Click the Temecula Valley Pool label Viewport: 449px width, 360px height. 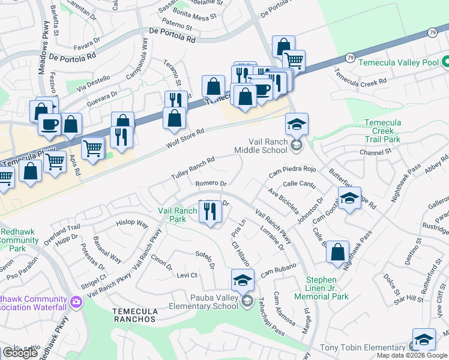click(397, 62)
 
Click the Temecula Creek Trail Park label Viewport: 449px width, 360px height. click(391, 131)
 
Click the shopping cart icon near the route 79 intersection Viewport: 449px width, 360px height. click(294, 61)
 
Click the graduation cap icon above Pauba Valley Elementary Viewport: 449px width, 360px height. click(243, 280)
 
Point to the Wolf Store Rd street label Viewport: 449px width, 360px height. click(185, 139)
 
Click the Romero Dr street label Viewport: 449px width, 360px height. click(211, 184)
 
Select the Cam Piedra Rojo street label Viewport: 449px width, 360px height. click(292, 170)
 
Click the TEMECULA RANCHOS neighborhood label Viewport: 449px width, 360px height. click(135, 315)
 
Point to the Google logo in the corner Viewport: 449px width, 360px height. click(20, 353)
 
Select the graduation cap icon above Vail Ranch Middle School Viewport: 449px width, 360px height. click(297, 124)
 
